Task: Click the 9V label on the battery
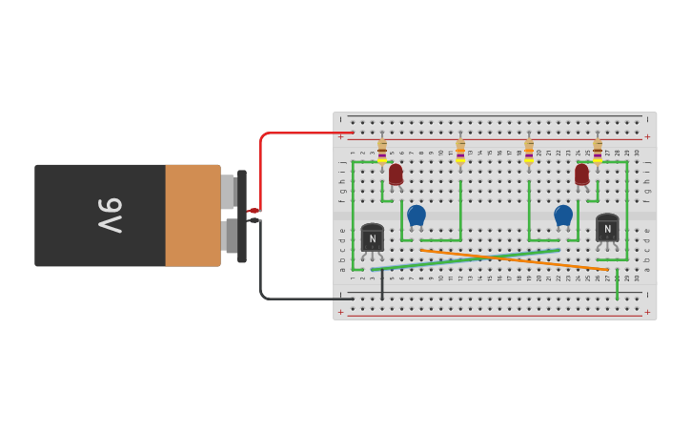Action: [111, 216]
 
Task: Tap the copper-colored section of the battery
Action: [193, 216]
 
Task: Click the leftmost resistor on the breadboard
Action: [382, 152]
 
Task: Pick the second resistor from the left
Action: [460, 152]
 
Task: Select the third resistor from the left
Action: [529, 152]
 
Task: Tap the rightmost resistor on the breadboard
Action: [598, 152]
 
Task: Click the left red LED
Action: [396, 175]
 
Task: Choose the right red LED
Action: [581, 175]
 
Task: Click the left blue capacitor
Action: [417, 216]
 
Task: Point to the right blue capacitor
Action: [563, 216]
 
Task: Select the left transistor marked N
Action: [373, 237]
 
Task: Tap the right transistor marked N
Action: [607, 228]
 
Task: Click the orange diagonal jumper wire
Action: [515, 260]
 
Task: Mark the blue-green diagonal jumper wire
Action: [467, 259]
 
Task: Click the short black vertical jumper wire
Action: [382, 284]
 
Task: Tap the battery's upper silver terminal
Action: [228, 192]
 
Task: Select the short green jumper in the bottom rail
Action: [617, 285]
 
